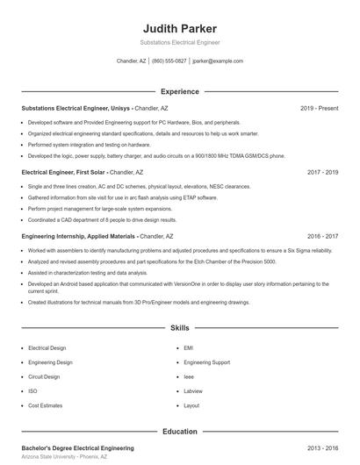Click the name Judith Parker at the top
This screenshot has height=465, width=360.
click(179, 28)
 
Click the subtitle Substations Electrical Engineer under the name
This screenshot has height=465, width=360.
click(179, 42)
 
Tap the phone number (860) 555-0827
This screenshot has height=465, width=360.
click(169, 61)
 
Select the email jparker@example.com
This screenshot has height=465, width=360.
click(218, 61)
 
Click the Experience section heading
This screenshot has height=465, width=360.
click(179, 91)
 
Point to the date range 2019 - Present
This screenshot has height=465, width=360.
click(319, 108)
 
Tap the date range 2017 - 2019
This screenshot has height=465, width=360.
click(322, 172)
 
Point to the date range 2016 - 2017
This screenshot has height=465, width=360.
click(322, 236)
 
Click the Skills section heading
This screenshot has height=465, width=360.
click(179, 328)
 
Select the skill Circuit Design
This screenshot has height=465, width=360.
click(44, 376)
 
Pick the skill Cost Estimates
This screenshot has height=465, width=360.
click(46, 405)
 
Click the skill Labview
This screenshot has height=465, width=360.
click(193, 390)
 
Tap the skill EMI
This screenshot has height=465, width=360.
click(188, 347)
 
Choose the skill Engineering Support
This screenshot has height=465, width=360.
click(207, 361)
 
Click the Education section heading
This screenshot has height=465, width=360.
click(179, 431)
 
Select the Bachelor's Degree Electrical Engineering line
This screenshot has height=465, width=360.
click(77, 447)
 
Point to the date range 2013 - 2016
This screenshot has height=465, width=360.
click(322, 447)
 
